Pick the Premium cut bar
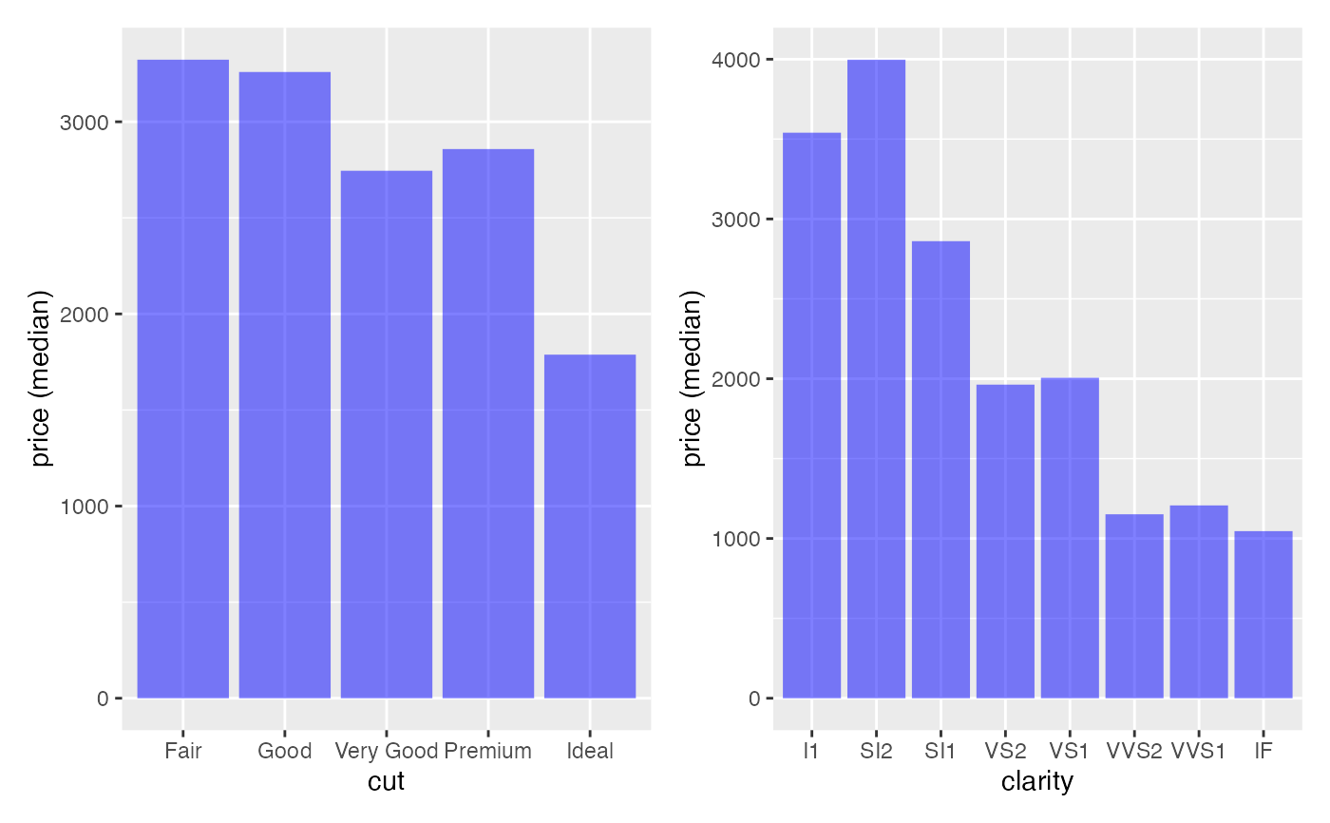(488, 423)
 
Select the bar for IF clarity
(1263, 614)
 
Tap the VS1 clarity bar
(1070, 538)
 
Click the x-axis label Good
(285, 751)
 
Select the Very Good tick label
(387, 751)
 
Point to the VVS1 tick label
(1199, 751)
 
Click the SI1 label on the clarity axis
(940, 751)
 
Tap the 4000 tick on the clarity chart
(736, 60)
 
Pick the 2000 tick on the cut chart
(85, 315)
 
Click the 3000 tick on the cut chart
(85, 123)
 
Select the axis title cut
(387, 782)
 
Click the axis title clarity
(1037, 782)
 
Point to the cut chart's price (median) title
(40, 380)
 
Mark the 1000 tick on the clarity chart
(736, 539)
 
